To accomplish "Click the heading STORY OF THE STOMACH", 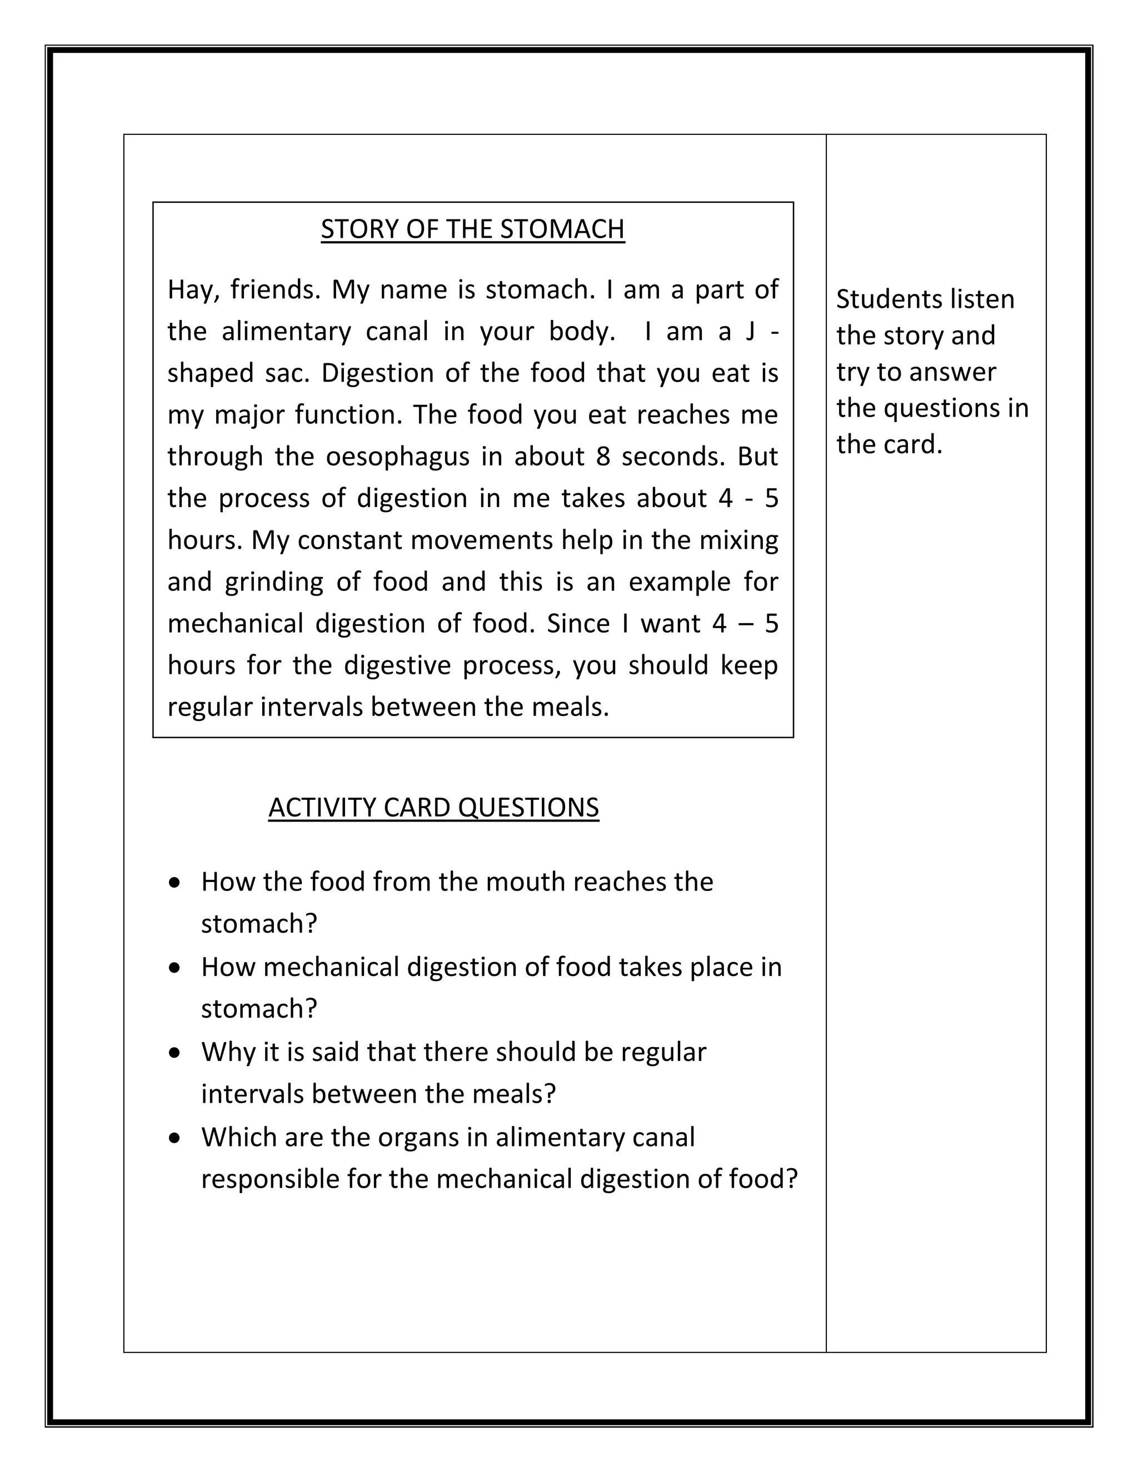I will [473, 229].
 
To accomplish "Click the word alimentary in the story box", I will [287, 332].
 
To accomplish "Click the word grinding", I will [274, 582].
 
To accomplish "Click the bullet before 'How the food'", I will [175, 882].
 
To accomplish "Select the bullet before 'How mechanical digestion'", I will [175, 968].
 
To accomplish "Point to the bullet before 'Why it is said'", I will [175, 1053].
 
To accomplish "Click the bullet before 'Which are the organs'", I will [175, 1138].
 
